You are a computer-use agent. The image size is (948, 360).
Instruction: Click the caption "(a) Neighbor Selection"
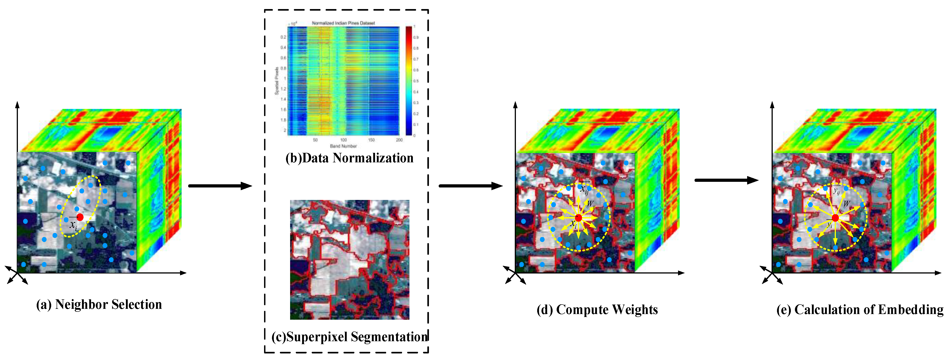pos(99,305)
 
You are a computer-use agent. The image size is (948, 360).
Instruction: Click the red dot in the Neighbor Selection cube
pos(80,217)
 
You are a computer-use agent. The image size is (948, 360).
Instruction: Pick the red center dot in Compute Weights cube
pos(578,218)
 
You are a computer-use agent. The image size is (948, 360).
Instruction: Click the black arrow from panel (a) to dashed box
pos(220,186)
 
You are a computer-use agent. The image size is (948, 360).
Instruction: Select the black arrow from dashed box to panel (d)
pos(470,186)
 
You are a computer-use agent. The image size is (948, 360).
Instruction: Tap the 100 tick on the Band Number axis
pos(343,140)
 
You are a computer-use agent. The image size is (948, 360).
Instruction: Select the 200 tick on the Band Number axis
pos(399,140)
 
